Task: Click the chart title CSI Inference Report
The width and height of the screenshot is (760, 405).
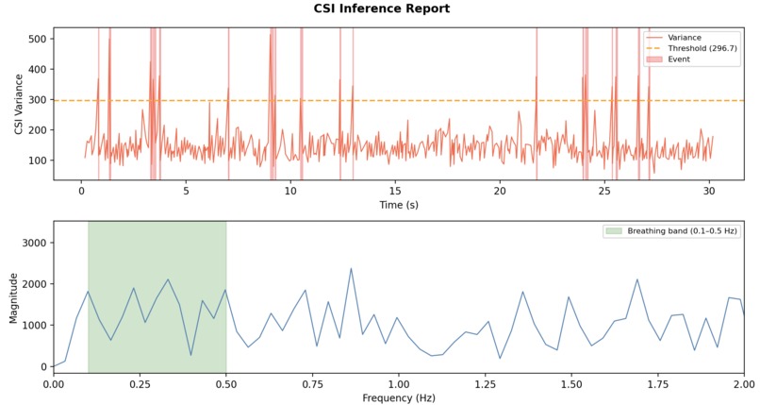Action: [382, 8]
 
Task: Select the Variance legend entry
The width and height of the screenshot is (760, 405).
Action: [684, 38]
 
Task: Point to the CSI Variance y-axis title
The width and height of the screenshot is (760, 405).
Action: [18, 104]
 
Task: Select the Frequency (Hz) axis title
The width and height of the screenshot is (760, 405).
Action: [399, 398]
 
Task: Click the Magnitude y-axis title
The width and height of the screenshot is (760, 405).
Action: [13, 296]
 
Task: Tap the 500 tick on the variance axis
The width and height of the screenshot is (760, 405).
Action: [37, 40]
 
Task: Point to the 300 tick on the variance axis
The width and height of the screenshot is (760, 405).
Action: [37, 100]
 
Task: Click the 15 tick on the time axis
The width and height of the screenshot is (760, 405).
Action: [396, 189]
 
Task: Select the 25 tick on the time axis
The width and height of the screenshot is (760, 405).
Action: [606, 189]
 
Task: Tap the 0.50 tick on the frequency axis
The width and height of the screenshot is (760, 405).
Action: [226, 383]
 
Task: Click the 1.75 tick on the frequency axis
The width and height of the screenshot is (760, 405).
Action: [658, 383]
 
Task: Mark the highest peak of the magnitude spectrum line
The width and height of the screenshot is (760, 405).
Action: [351, 268]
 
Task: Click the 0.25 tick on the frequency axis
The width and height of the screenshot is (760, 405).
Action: [140, 383]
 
